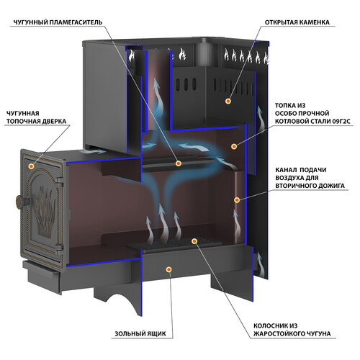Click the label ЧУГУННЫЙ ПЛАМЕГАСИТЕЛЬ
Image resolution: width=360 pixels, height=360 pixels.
[58, 22]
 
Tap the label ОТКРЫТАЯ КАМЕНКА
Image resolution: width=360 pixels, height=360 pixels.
[297, 22]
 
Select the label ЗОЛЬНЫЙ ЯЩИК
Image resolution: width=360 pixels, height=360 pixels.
[140, 333]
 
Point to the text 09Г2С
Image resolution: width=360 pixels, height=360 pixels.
[341, 121]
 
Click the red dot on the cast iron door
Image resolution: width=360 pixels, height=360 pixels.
[31, 166]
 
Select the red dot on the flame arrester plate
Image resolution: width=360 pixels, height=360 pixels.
[178, 163]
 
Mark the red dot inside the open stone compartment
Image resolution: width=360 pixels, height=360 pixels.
[228, 101]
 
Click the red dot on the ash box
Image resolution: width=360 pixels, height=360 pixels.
[169, 269]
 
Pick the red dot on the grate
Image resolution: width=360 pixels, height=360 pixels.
[194, 241]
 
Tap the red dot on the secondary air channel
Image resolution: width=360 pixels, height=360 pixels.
[237, 200]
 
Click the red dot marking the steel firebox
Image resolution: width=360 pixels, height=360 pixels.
[234, 146]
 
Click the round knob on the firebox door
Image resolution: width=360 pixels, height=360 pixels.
[21, 202]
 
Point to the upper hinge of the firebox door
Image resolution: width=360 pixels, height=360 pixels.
[59, 182]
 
